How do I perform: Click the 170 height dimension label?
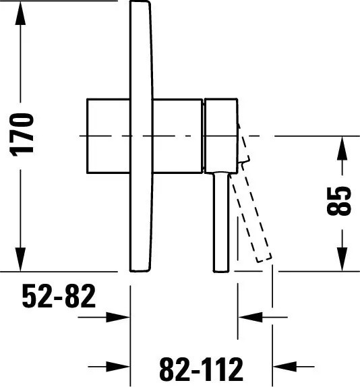click(21, 135)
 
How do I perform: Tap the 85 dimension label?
click(338, 201)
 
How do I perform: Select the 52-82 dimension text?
click(59, 296)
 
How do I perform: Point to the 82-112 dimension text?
click(201, 369)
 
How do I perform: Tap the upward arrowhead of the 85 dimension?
click(342, 148)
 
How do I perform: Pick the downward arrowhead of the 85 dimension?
click(342, 259)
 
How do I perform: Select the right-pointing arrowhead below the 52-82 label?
click(118, 317)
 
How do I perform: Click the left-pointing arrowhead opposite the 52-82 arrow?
click(250, 317)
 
